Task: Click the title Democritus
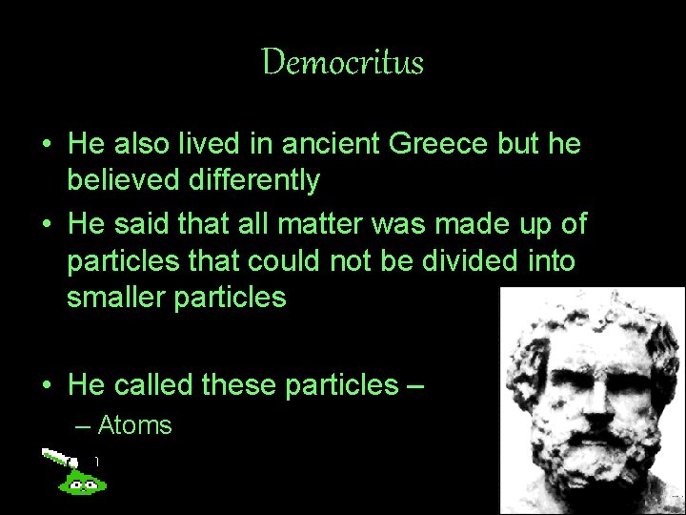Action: tap(343, 63)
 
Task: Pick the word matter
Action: tap(327, 224)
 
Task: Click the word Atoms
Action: tap(134, 425)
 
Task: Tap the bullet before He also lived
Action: tap(45, 145)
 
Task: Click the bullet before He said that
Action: tap(45, 225)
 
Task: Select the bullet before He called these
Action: tap(45, 385)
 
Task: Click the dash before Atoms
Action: tap(83, 425)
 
